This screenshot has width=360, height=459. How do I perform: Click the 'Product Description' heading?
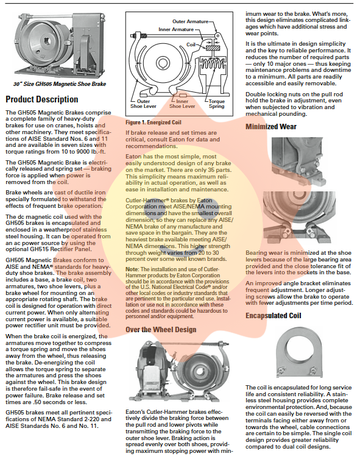(x=42, y=99)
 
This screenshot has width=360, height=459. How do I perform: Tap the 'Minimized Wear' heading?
(x=271, y=126)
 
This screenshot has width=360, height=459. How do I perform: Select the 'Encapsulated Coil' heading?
(x=273, y=316)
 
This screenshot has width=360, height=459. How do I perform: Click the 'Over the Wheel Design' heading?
(x=161, y=330)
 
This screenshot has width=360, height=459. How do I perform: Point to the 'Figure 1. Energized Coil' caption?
(x=154, y=123)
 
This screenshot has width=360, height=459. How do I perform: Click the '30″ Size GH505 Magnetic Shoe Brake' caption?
(x=60, y=84)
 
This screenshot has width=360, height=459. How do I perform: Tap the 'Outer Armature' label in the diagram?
(x=191, y=21)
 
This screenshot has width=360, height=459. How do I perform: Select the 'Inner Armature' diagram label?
(x=176, y=29)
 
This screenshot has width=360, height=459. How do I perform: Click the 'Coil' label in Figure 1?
(x=191, y=44)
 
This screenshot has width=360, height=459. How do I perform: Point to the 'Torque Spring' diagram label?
(x=217, y=104)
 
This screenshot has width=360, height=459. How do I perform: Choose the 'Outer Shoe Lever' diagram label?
(x=143, y=104)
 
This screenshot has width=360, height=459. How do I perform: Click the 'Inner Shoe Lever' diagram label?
(x=182, y=104)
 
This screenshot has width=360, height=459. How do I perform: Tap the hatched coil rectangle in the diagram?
(x=213, y=48)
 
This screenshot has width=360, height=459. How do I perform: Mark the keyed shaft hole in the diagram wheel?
(x=162, y=63)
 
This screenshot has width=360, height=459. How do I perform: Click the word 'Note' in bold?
(x=132, y=269)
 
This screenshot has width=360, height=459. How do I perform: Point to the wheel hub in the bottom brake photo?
(x=200, y=371)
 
